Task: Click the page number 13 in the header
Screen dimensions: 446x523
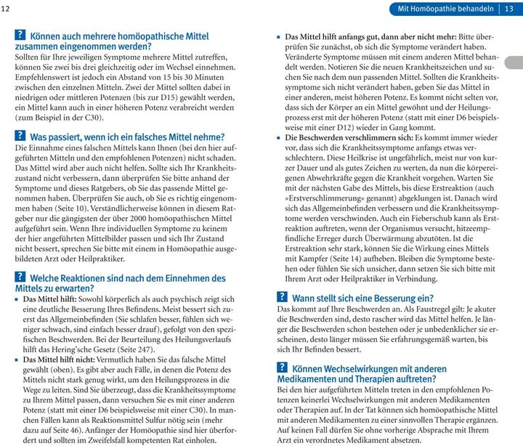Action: pos(510,9)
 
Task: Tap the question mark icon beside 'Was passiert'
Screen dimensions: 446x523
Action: pos(20,137)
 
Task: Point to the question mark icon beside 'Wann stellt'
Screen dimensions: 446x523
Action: pos(283,298)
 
